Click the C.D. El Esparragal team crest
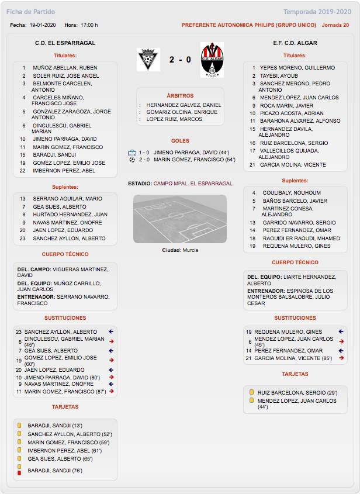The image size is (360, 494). [148, 60]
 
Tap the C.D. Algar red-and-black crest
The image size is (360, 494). [212, 60]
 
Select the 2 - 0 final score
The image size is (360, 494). [180, 60]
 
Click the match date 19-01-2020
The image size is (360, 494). [42, 25]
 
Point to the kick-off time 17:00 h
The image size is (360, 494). [88, 25]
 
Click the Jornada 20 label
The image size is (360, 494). [335, 25]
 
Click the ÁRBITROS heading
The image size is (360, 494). [180, 96]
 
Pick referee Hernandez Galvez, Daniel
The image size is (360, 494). [184, 105]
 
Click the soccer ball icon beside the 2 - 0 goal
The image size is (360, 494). [132, 159]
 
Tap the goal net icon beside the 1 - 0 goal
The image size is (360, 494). [132, 152]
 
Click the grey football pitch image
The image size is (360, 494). [180, 219]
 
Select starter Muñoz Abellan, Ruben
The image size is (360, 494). [65, 68]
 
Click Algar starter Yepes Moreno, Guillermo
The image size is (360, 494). [297, 68]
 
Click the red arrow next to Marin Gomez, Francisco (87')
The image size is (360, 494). [111, 391]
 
